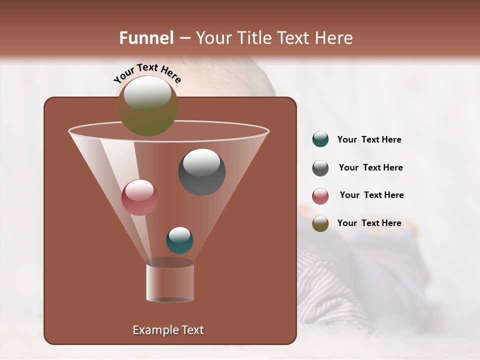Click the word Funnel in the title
[x=146, y=38]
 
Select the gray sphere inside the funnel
[x=202, y=172]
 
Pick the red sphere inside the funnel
[x=139, y=197]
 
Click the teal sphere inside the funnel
[x=179, y=240]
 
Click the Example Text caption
[x=168, y=330]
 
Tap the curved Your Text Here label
[x=147, y=73]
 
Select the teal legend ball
[x=320, y=139]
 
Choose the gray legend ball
[x=320, y=168]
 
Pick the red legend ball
[x=320, y=196]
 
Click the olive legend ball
[x=320, y=223]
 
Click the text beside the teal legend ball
[x=369, y=140]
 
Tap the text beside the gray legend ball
[x=370, y=168]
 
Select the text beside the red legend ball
[x=371, y=195]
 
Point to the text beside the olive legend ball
[x=369, y=223]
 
